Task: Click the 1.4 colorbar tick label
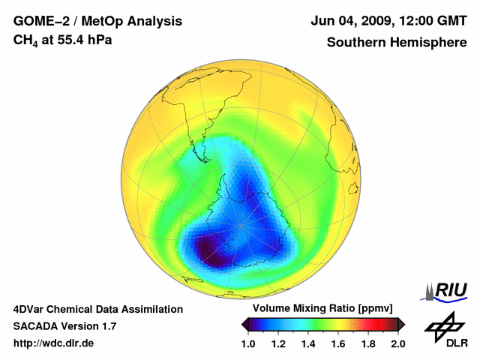click(307, 343)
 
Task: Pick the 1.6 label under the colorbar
click(337, 343)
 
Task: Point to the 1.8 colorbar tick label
click(367, 343)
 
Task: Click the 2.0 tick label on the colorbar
click(397, 343)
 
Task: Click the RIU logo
click(447, 290)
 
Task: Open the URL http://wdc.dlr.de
click(54, 343)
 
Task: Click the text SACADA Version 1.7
click(64, 326)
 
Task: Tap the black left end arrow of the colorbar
click(245, 324)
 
